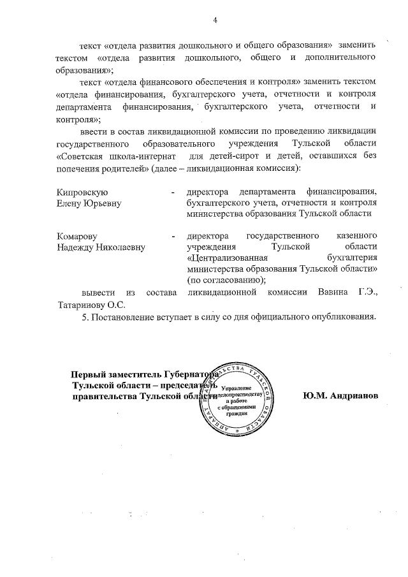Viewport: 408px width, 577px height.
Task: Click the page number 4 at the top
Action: point(215,20)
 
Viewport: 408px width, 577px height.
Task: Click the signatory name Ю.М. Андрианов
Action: point(340,395)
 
